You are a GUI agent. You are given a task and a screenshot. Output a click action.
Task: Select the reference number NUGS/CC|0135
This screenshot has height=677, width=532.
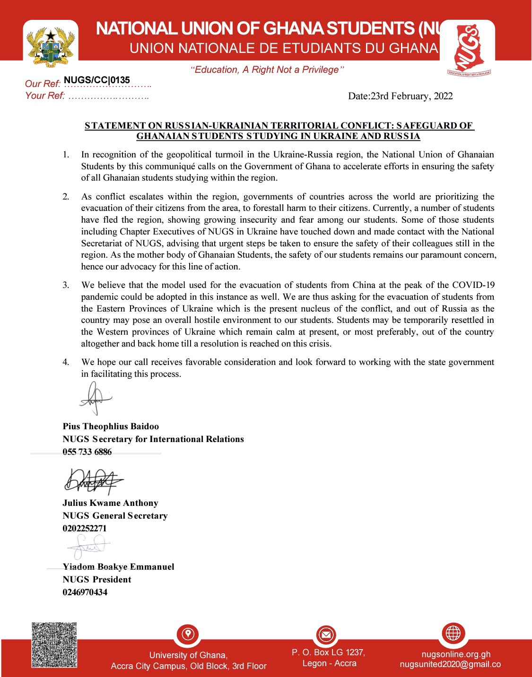[x=97, y=80]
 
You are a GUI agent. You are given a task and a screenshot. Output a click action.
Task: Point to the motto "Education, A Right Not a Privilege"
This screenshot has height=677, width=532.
[x=267, y=70]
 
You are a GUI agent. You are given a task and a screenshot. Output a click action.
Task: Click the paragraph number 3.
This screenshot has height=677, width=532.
[x=66, y=285]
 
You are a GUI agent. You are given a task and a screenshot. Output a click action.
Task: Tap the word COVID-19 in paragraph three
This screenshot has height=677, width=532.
[x=473, y=285]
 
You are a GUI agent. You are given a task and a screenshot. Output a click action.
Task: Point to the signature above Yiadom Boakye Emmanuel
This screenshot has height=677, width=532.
[x=89, y=548]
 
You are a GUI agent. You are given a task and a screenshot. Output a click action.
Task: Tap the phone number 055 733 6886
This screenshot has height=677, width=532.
[x=87, y=452]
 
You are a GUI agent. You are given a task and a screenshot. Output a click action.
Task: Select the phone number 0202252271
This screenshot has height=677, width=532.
[x=85, y=529]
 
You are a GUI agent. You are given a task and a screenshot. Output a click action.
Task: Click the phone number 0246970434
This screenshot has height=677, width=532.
[x=85, y=592]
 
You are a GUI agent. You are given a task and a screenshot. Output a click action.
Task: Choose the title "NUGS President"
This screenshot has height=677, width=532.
[x=97, y=580]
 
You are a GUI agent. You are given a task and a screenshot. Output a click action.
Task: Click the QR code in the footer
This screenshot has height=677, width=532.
[x=54, y=645]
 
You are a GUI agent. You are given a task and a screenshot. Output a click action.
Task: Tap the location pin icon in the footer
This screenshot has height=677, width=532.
[x=188, y=634]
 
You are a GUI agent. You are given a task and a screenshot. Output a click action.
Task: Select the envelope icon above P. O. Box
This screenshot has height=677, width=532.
[x=326, y=634]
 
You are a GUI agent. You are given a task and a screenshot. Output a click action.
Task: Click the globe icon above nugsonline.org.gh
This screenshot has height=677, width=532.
[x=453, y=633]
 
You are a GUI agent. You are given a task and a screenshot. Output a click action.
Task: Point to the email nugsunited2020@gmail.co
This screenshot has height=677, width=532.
[x=450, y=664]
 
